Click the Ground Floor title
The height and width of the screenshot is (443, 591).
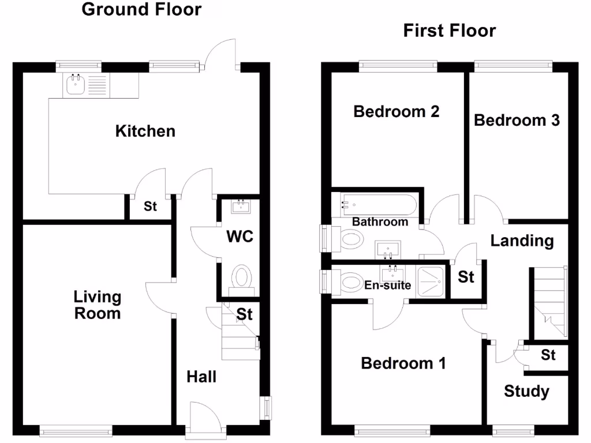pyautogui.click(x=141, y=10)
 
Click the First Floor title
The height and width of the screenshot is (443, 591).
pyautogui.click(x=449, y=30)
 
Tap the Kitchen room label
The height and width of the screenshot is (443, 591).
pyautogui.click(x=145, y=131)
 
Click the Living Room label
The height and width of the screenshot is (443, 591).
pyautogui.click(x=97, y=305)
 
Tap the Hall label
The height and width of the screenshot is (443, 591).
pyautogui.click(x=201, y=377)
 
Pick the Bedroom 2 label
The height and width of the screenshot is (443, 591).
pyautogui.click(x=397, y=111)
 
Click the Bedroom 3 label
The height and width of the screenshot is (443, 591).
pyautogui.click(x=517, y=120)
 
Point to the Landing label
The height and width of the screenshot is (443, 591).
pyautogui.click(x=522, y=241)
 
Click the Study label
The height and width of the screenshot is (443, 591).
pyautogui.click(x=526, y=392)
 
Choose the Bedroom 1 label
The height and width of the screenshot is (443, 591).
pyautogui.click(x=403, y=363)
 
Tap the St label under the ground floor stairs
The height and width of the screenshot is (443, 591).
pyautogui.click(x=245, y=315)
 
